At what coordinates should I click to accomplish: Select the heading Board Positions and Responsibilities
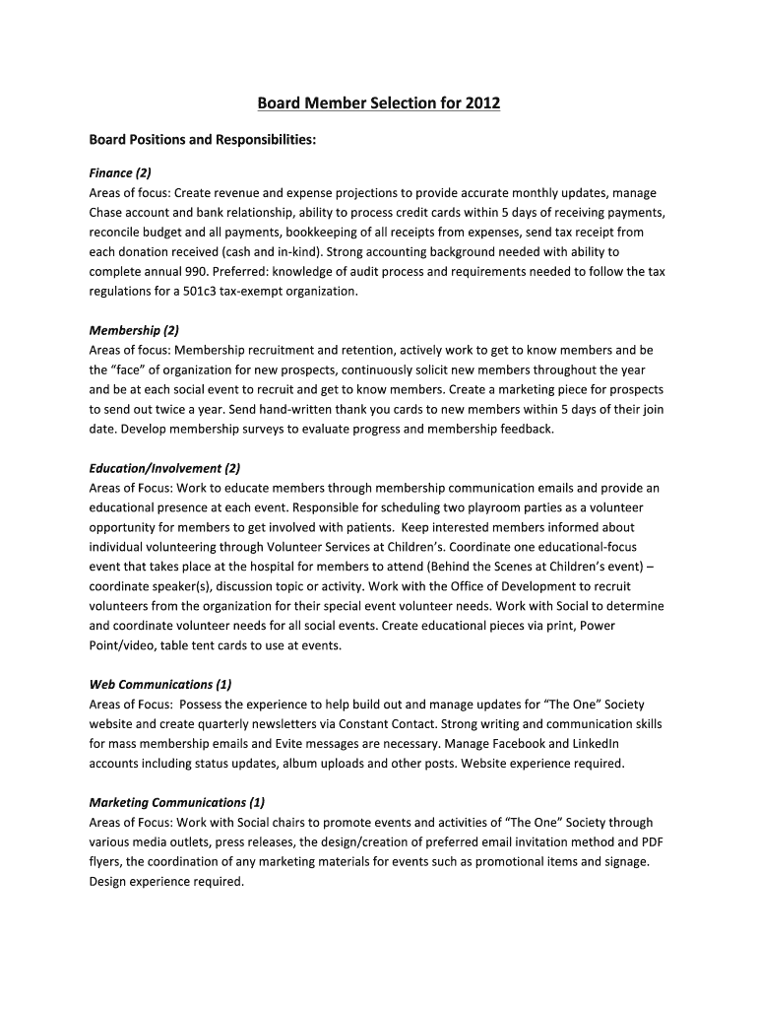[x=203, y=140]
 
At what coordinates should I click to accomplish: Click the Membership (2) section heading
[x=134, y=330]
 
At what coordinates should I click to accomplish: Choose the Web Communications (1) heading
[x=160, y=684]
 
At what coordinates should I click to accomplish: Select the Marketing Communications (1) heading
[x=177, y=802]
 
